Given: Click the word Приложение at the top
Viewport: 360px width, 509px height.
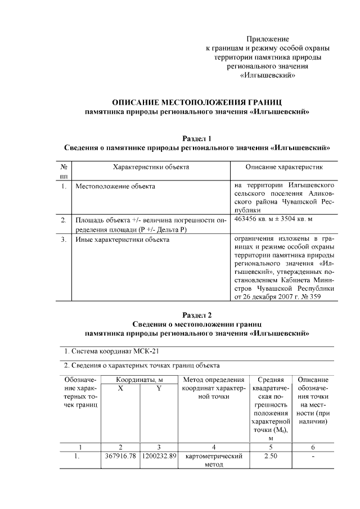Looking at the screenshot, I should pos(268,39).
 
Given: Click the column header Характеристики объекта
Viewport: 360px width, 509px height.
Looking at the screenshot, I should pos(151,167).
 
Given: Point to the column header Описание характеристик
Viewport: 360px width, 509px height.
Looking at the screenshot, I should pos(284,167).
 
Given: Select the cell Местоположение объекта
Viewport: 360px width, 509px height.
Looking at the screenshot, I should pos(115,186).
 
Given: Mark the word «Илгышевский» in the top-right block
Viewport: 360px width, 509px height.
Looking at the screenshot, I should pos(268,75).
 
